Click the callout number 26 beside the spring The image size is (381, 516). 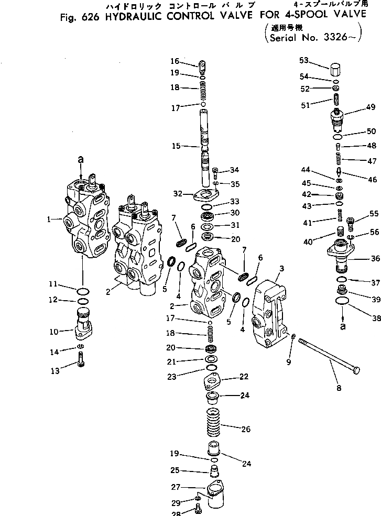click(245, 430)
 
